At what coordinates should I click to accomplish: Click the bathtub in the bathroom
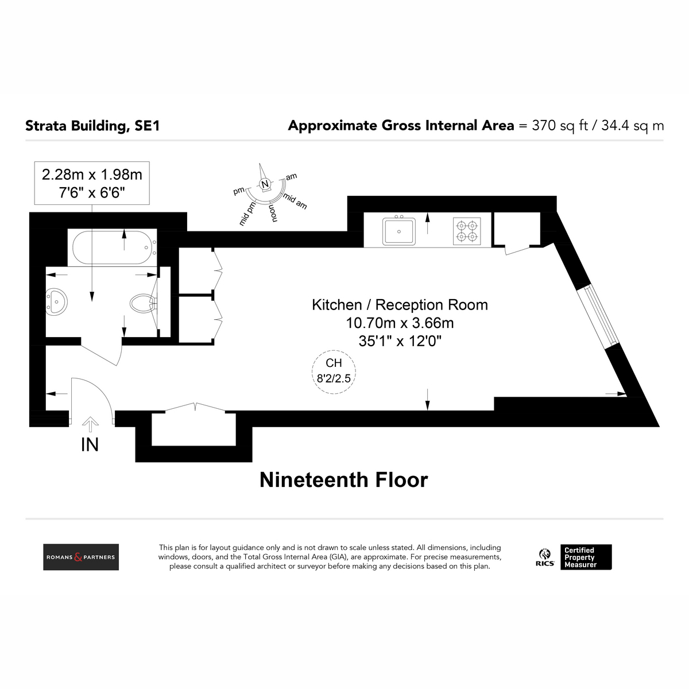coord(114,247)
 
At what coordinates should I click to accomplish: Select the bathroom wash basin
coord(56,301)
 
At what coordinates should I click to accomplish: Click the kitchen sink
coord(398,231)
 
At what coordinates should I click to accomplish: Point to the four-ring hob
coord(467,231)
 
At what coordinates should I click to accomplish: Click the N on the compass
coord(265,184)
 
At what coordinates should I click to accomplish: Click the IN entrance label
coord(90,444)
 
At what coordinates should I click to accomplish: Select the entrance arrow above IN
coord(90,424)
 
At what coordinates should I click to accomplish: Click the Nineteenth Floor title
coord(343,479)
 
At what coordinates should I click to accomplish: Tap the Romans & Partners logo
coord(81,557)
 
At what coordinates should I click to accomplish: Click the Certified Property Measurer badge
coord(586,557)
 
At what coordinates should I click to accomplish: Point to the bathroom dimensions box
coord(92,183)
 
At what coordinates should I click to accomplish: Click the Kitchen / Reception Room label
coord(400,305)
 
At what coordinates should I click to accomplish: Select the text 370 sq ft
coord(560,126)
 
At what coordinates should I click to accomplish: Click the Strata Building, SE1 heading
coord(92,126)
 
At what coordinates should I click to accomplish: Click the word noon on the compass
coord(273,214)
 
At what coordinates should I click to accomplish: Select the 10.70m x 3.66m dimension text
coord(400,323)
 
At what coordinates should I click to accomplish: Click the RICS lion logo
coord(545,557)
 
